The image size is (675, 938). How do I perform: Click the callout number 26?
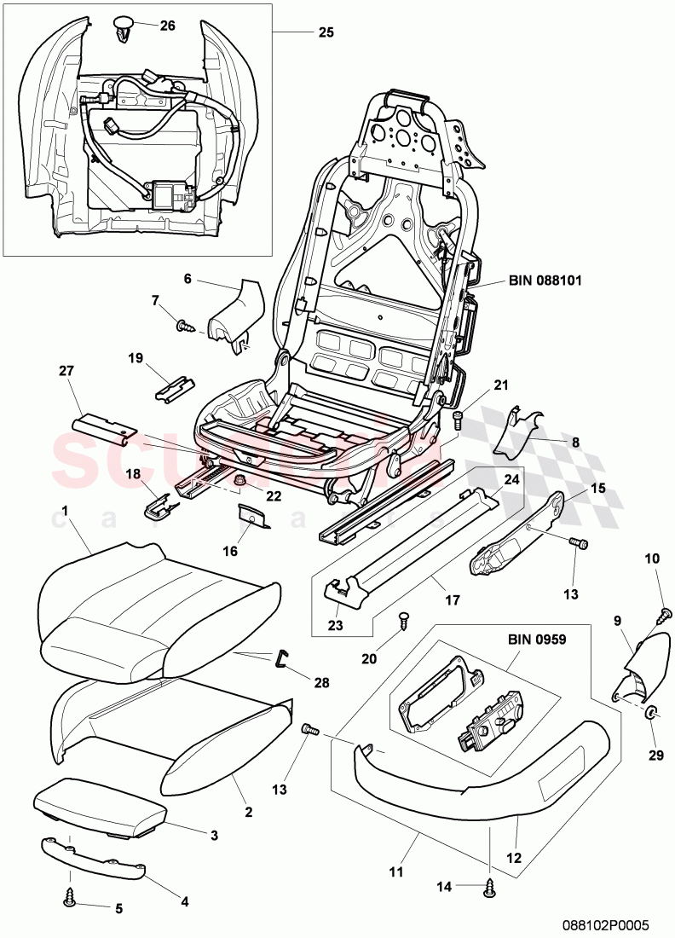click(167, 26)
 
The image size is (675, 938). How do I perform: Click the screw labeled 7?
click(185, 324)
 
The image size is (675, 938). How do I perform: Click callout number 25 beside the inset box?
click(326, 33)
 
